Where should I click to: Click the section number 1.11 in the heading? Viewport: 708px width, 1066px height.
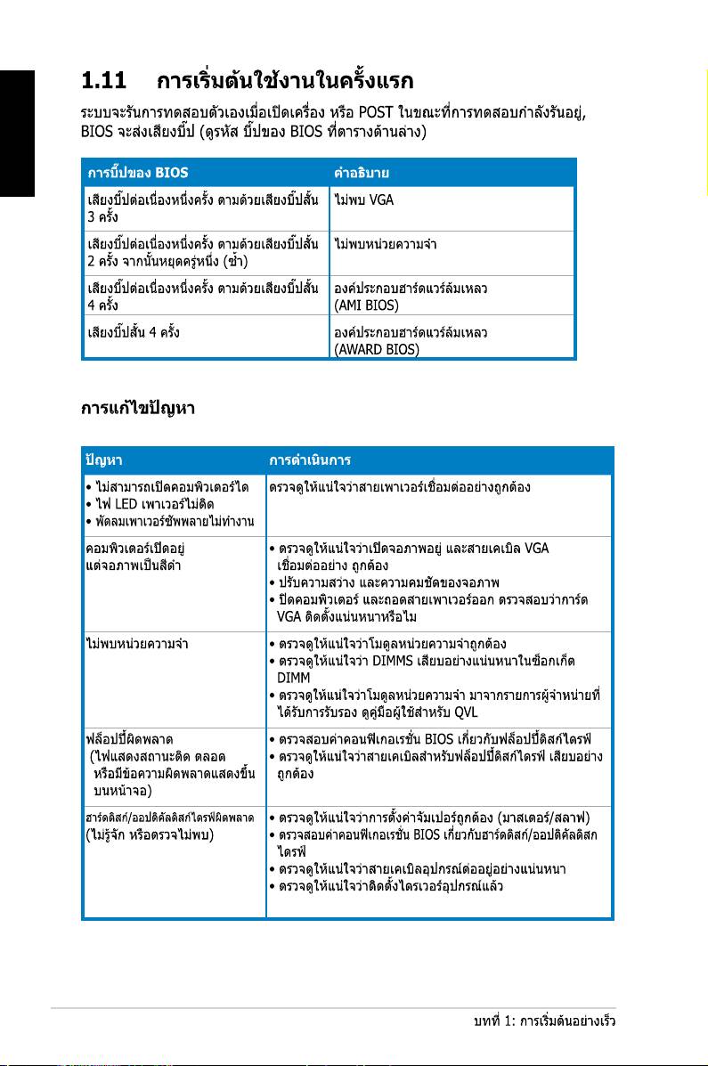[103, 83]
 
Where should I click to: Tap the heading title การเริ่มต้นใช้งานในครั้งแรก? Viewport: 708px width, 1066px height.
[285, 83]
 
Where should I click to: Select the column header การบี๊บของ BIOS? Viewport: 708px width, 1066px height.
[138, 171]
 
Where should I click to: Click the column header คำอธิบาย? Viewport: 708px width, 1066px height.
[362, 171]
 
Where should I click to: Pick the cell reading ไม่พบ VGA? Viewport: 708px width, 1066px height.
[363, 199]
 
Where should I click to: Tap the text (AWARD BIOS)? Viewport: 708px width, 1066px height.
[375, 349]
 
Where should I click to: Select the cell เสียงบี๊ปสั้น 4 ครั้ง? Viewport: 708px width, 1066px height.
[135, 332]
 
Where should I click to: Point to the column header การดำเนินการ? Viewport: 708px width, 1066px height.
[309, 460]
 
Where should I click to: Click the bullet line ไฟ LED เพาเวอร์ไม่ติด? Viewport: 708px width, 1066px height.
[147, 503]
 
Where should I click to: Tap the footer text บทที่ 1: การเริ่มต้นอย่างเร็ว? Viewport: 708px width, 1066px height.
[545, 1022]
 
